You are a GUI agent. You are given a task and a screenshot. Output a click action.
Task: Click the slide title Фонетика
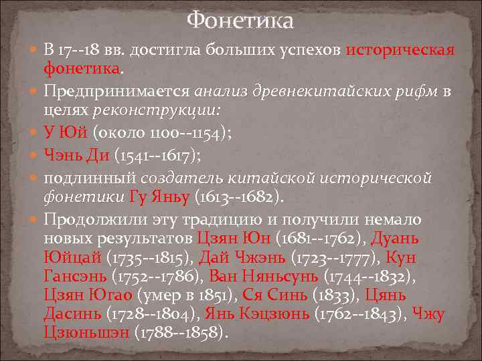pyautogui.click(x=240, y=21)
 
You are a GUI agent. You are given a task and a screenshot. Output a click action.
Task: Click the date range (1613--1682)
pyautogui.click(x=239, y=197)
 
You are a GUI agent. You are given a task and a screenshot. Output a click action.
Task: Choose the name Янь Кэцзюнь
pyautogui.click(x=244, y=313)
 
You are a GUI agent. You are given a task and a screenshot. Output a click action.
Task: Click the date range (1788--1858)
pyautogui.click(x=181, y=332)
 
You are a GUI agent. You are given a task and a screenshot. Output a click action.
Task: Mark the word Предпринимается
pyautogui.click(x=117, y=91)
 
